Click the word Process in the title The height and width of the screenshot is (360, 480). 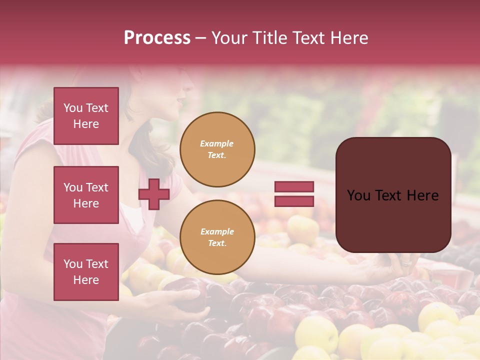157,38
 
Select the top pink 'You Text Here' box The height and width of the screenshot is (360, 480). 86,116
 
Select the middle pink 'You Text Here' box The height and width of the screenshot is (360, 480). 86,195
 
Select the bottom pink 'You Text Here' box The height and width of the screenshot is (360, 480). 86,272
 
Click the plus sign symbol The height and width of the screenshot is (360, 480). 153,194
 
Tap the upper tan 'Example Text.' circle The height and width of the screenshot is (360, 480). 217,149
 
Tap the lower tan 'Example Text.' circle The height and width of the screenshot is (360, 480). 217,237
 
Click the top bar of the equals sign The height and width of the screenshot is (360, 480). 294,186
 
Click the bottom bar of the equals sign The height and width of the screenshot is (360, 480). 294,201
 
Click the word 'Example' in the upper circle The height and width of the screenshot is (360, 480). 217,143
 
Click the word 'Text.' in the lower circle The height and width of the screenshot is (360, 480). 217,243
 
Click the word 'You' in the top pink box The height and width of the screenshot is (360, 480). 73,108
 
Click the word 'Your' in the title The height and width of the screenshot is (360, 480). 230,38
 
